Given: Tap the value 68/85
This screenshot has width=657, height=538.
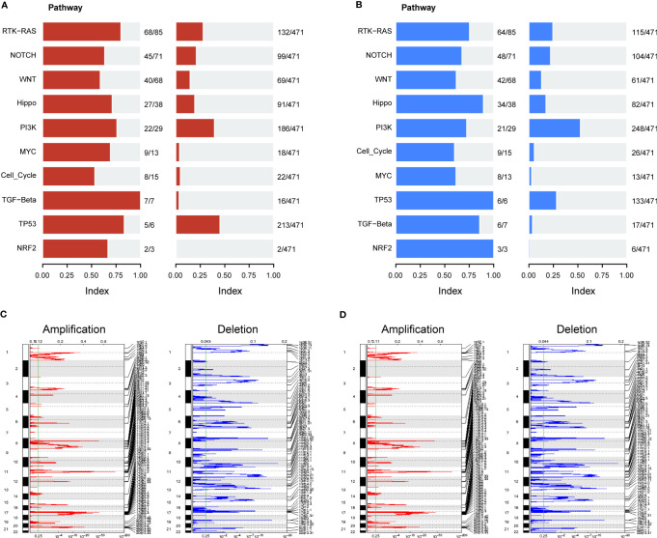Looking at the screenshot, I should pos(154,32).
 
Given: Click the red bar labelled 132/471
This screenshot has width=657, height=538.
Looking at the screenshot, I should pos(189,32).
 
